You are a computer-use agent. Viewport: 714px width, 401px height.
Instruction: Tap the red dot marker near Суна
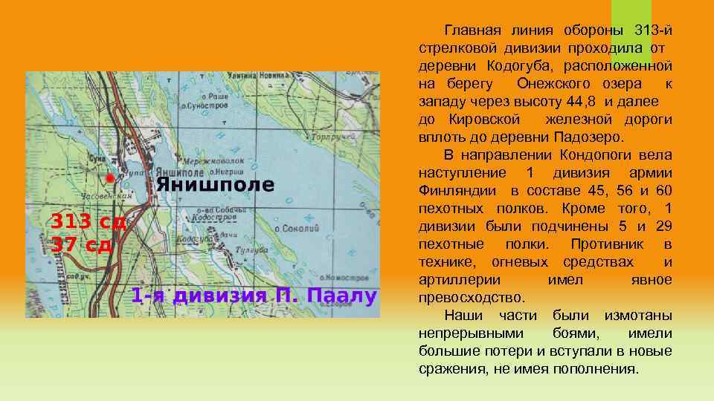click(110, 178)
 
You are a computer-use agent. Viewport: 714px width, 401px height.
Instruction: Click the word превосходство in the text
click(471, 298)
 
